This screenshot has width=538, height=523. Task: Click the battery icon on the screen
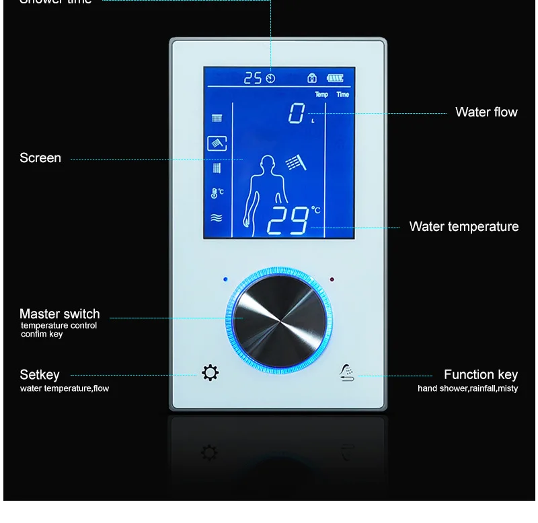click(x=335, y=77)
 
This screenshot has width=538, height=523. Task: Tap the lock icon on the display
click(x=312, y=77)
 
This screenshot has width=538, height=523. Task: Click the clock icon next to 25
click(x=270, y=78)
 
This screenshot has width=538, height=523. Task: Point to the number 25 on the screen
click(x=252, y=78)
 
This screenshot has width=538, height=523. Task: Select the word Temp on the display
click(x=321, y=94)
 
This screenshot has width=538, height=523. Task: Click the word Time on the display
click(x=343, y=94)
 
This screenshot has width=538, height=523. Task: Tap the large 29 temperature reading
click(x=288, y=220)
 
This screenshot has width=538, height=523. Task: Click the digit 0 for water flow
click(x=297, y=114)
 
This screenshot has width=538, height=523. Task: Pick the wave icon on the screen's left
click(x=217, y=217)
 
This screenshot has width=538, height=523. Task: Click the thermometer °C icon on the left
click(x=217, y=193)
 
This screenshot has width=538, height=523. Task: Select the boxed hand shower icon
click(x=217, y=143)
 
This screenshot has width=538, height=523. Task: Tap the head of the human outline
click(x=267, y=164)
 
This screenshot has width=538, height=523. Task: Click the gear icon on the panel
click(x=210, y=372)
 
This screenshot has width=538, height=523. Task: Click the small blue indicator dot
click(x=225, y=279)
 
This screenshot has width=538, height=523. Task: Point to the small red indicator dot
click(x=332, y=279)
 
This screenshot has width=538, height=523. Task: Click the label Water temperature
click(x=464, y=227)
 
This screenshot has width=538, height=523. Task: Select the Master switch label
click(x=59, y=314)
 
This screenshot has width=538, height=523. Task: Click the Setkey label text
click(x=40, y=375)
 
